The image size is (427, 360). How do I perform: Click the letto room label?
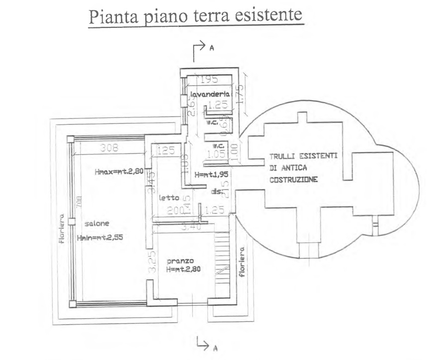169,198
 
